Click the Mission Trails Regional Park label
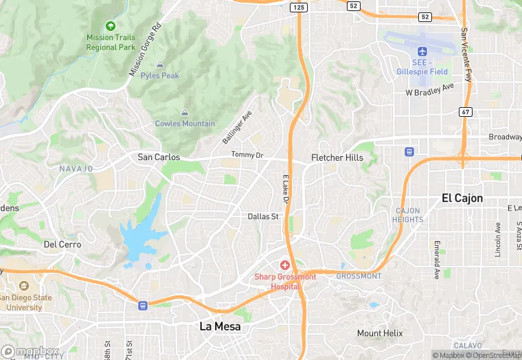111,42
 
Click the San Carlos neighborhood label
159,157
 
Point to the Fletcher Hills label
337,157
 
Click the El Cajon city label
462,198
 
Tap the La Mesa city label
220,326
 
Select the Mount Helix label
379,333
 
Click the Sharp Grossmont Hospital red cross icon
284,265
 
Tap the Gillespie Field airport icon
422,52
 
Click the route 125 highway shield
298,7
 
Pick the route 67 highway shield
466,111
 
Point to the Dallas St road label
263,216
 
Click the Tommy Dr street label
247,155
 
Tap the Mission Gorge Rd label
145,49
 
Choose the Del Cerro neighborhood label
63,244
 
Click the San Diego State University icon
24,286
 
